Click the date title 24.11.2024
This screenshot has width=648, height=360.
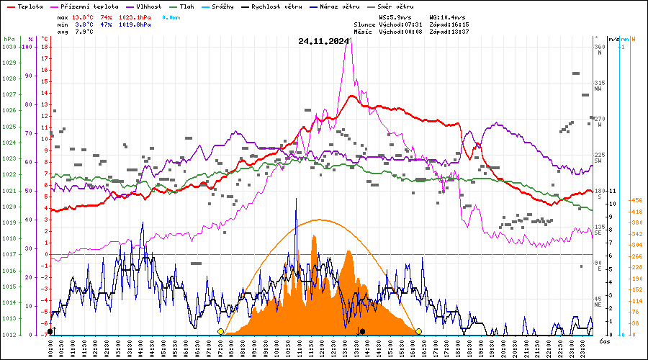323,41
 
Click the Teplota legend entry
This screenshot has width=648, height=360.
29,6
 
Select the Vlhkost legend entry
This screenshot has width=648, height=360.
147,6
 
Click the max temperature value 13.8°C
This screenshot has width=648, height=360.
83,16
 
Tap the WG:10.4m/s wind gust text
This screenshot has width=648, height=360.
446,16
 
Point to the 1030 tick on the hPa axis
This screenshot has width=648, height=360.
9,47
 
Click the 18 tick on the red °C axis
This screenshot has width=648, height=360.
45,47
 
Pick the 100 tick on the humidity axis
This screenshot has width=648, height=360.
28,47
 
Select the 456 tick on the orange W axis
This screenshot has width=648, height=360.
636,200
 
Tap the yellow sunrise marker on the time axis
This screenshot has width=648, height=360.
220,331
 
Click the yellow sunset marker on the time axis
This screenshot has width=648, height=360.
418,331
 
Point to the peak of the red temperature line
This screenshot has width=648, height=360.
351,95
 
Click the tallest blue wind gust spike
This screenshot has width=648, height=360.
296,199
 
